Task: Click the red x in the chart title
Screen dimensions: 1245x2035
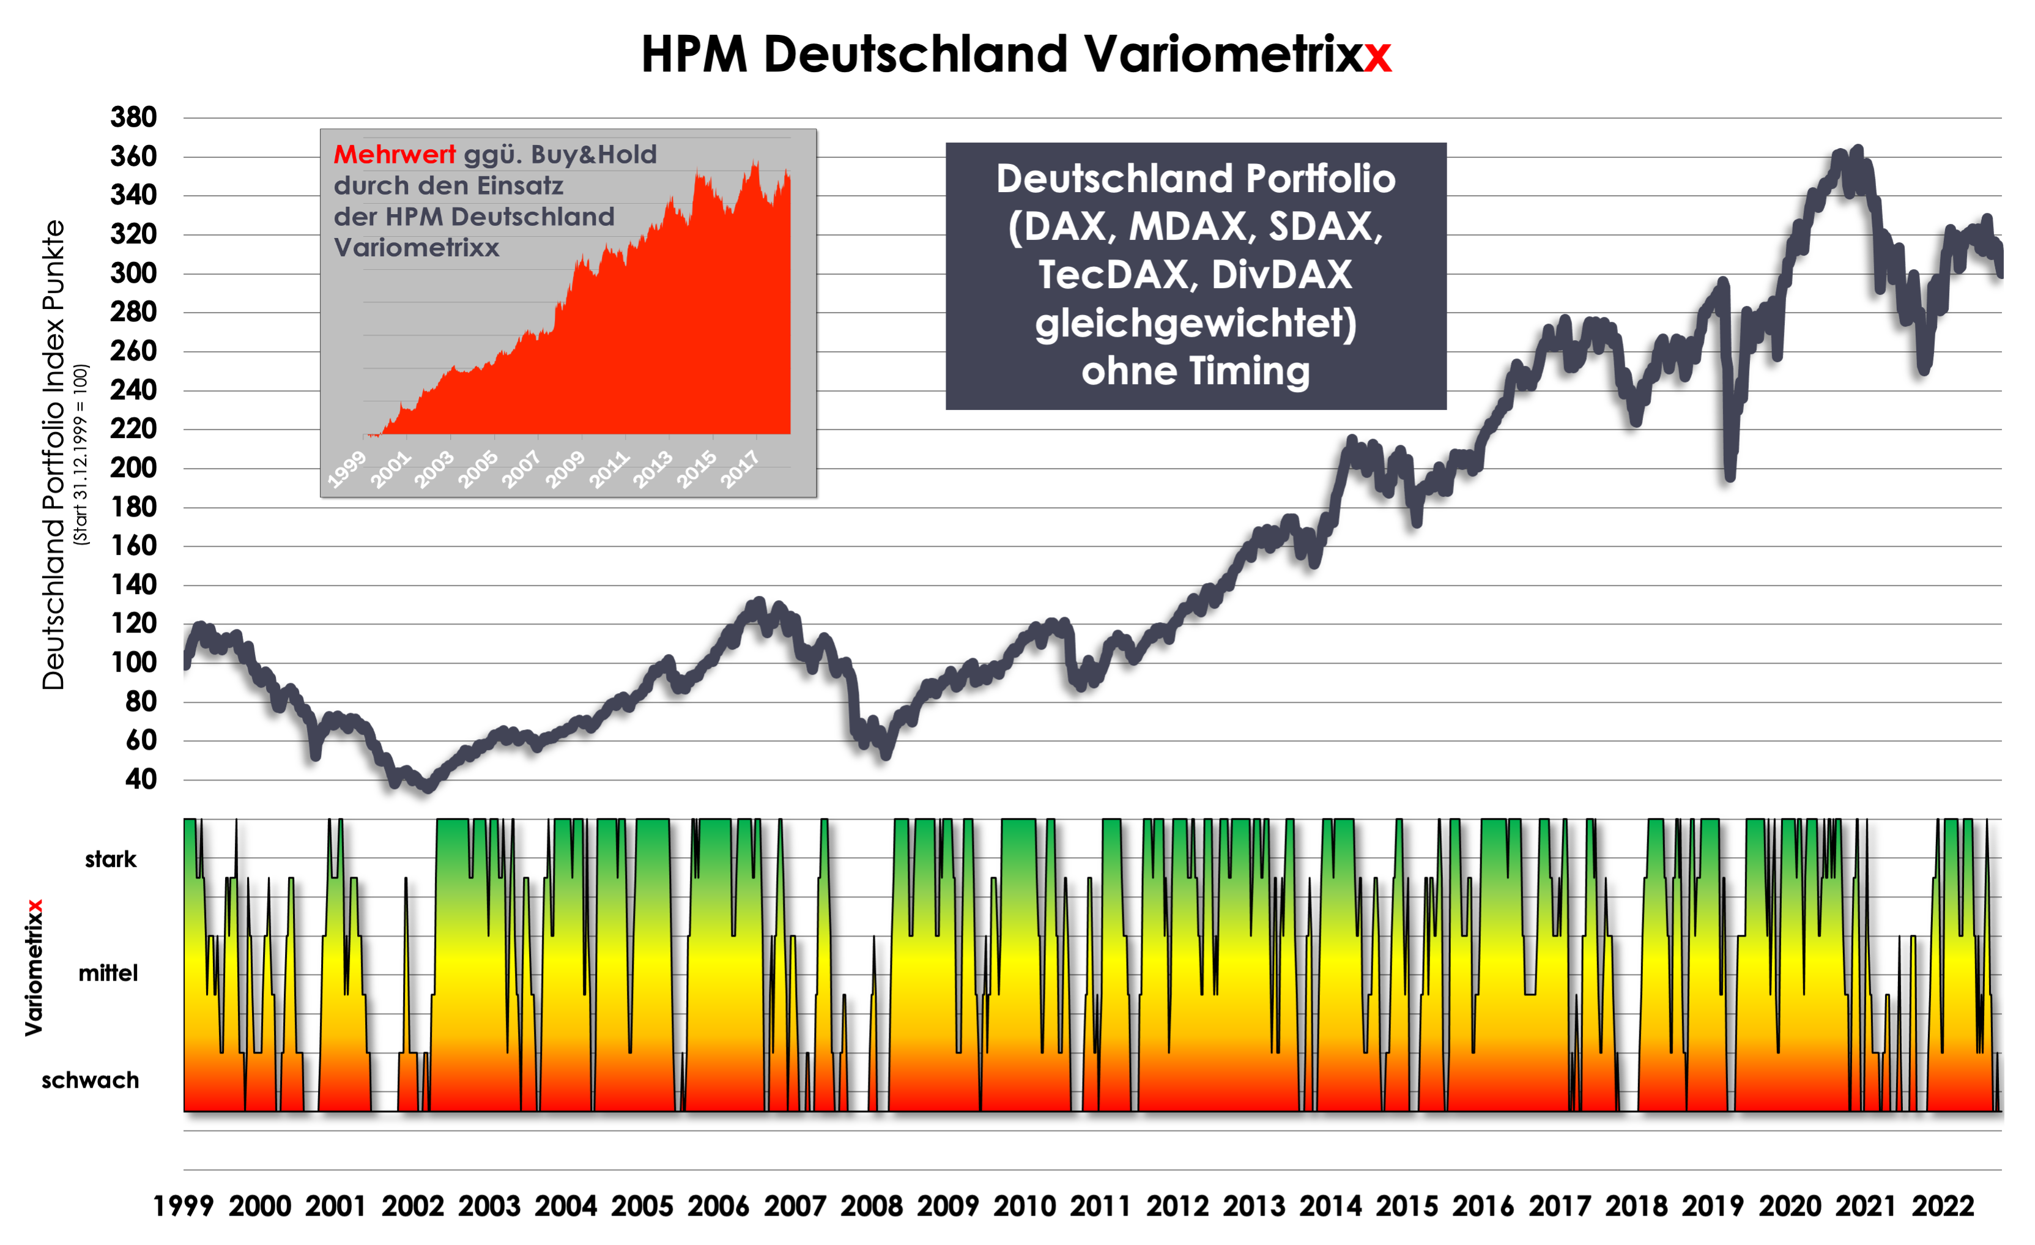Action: pyautogui.click(x=1377, y=56)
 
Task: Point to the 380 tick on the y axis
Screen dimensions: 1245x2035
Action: pyautogui.click(x=134, y=117)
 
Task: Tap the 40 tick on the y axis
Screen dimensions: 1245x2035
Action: pyautogui.click(x=141, y=779)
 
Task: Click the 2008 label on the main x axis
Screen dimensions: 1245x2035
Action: pyautogui.click(x=872, y=1206)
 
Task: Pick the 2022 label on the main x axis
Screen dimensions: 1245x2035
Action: pyautogui.click(x=1943, y=1206)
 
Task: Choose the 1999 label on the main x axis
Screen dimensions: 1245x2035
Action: pyautogui.click(x=183, y=1206)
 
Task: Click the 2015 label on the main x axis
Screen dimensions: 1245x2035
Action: pyautogui.click(x=1406, y=1206)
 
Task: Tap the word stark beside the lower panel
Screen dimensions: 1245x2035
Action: pyautogui.click(x=111, y=859)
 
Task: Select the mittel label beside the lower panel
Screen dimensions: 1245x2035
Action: pyautogui.click(x=108, y=973)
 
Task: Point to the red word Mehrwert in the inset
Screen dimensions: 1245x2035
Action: pyautogui.click(x=394, y=155)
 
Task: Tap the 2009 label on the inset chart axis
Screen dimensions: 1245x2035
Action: pyautogui.click(x=566, y=469)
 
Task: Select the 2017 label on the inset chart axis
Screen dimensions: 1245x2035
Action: pyautogui.click(x=740, y=469)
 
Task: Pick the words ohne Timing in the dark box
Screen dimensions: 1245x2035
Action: pyautogui.click(x=1195, y=371)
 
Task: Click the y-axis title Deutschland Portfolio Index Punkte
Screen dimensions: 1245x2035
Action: pyautogui.click(x=53, y=455)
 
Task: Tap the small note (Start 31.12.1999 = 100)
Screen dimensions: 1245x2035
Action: pyautogui.click(x=80, y=455)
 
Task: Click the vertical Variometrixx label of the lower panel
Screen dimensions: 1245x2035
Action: pyautogui.click(x=33, y=967)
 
